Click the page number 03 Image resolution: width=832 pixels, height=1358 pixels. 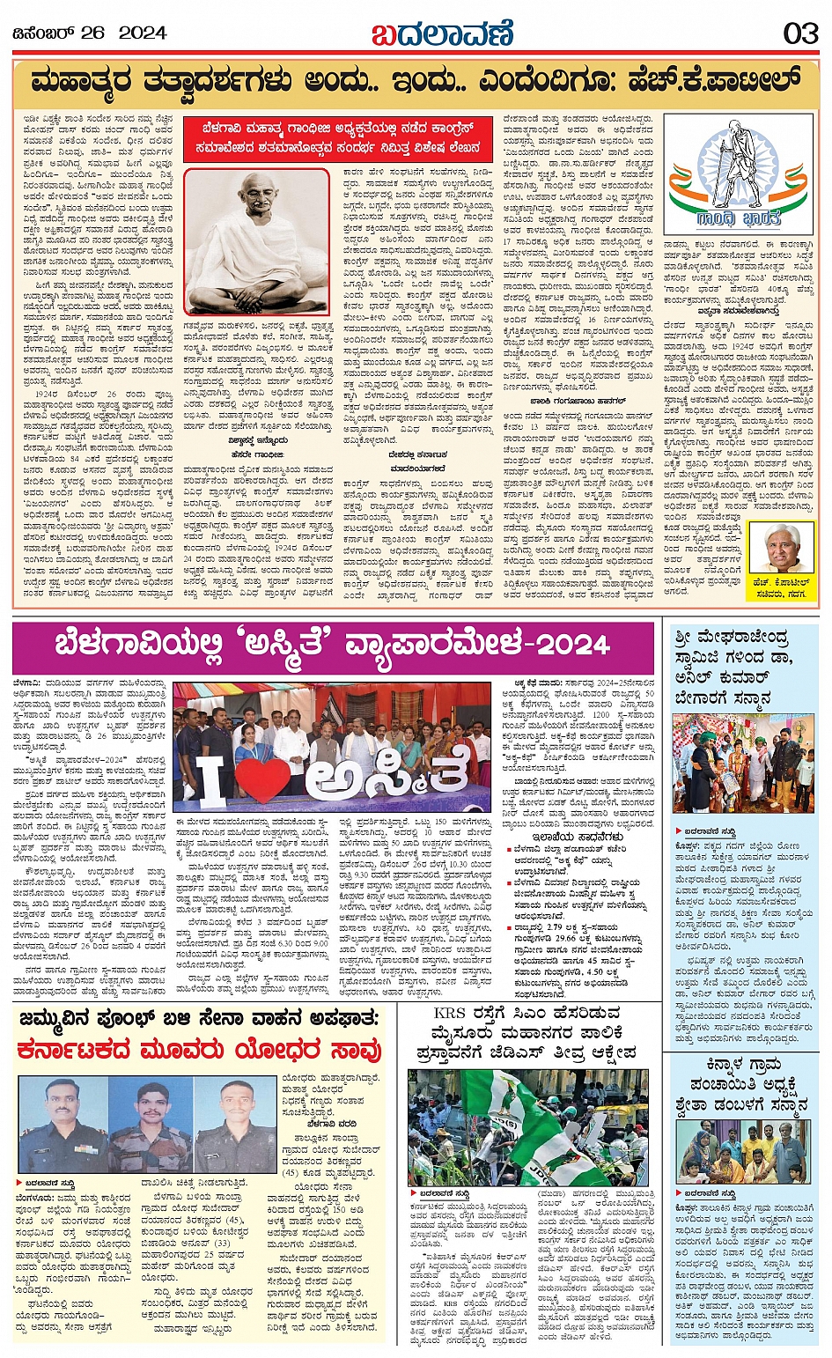800,33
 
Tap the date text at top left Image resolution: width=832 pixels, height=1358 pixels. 90,33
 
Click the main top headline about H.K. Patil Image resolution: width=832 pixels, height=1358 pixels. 416,82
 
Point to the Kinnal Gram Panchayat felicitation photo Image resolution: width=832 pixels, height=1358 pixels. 743,1151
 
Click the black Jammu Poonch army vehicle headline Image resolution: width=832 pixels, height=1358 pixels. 199,1018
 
